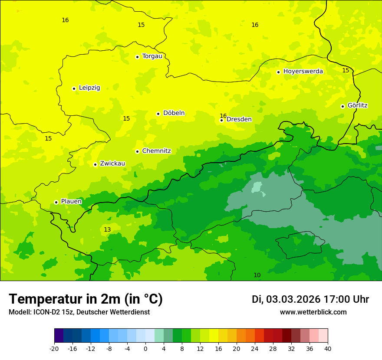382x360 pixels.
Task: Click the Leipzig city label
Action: click(89, 88)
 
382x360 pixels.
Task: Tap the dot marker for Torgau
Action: click(137, 57)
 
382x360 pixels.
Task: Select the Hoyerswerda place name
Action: click(303, 72)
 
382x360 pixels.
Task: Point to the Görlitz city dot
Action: click(342, 106)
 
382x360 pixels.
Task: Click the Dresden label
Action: click(239, 120)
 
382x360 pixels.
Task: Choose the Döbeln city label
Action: click(174, 113)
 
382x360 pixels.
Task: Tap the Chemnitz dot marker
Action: click(137, 151)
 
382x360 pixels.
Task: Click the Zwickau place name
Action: click(112, 164)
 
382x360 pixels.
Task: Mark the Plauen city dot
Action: click(56, 202)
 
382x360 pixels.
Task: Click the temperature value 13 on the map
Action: click(107, 229)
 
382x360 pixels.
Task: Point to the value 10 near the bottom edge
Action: click(257, 275)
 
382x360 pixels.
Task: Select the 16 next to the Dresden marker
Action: click(223, 116)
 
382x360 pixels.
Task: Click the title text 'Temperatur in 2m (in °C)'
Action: click(86, 299)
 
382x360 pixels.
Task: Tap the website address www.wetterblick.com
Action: click(313, 312)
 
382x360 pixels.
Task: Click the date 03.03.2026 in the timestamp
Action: click(293, 299)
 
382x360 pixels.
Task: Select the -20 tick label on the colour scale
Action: click(54, 348)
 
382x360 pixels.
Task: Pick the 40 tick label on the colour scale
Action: click(328, 348)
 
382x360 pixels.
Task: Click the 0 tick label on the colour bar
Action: click(145, 348)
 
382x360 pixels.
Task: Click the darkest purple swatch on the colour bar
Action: click(59, 336)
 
